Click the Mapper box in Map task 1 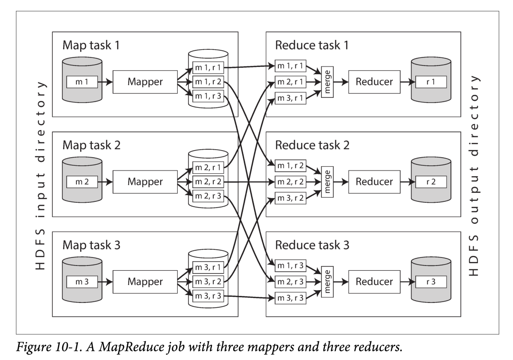(x=145, y=82)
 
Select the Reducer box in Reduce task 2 (x=374, y=182)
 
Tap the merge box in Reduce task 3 (x=327, y=282)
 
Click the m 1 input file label (x=82, y=82)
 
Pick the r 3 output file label (x=431, y=282)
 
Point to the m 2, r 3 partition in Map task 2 (x=208, y=196)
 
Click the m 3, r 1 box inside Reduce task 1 (x=290, y=98)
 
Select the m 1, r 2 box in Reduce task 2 (x=290, y=166)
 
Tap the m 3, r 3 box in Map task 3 (x=208, y=296)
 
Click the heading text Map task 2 (x=91, y=145)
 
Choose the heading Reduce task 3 (x=312, y=245)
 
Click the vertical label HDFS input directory (x=40, y=175)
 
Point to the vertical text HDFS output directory (x=474, y=176)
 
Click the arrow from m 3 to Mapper (x=105, y=282)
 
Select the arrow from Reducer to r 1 (x=408, y=82)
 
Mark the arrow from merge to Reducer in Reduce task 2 (x=341, y=182)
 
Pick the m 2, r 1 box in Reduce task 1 (x=290, y=82)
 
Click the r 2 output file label (x=431, y=182)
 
